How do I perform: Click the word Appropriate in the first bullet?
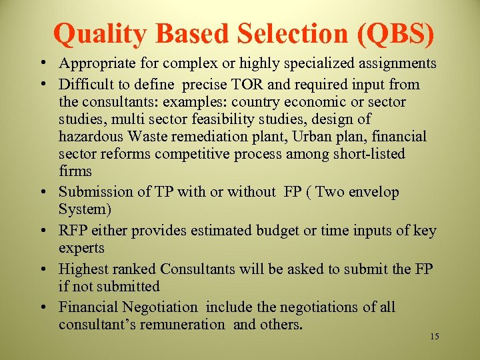pos(97,63)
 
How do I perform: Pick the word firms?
pos(75,171)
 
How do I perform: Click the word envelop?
pos(375,192)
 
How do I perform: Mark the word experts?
pos(81,248)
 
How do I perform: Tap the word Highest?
pos(83,269)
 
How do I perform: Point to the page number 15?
pos(434,337)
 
